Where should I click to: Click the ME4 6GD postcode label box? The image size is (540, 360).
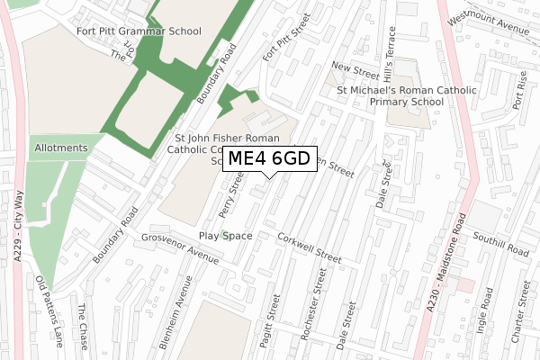(x=269, y=158)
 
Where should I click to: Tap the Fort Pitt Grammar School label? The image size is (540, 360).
(x=139, y=31)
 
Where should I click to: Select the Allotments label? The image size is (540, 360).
(x=61, y=148)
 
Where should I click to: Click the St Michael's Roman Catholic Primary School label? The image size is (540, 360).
(x=390, y=96)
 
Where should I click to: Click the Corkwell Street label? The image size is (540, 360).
(x=310, y=248)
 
